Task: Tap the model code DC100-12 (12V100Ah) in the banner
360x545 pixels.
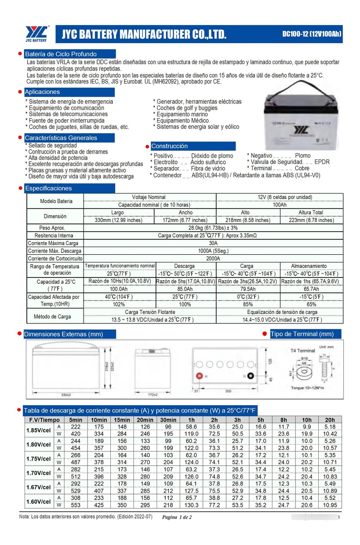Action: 311,33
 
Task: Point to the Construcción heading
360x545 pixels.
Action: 169,146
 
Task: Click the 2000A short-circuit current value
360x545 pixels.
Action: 213,258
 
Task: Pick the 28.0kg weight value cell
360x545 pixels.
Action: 213,228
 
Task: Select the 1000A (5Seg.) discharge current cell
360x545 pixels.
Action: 213,251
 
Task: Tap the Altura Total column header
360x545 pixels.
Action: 311,213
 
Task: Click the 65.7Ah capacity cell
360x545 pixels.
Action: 311,289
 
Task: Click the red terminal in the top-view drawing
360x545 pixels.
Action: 198,376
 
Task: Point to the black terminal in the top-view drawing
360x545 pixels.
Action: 249,376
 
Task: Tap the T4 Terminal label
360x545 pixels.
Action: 302,351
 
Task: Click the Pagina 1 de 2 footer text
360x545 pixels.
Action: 177,518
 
